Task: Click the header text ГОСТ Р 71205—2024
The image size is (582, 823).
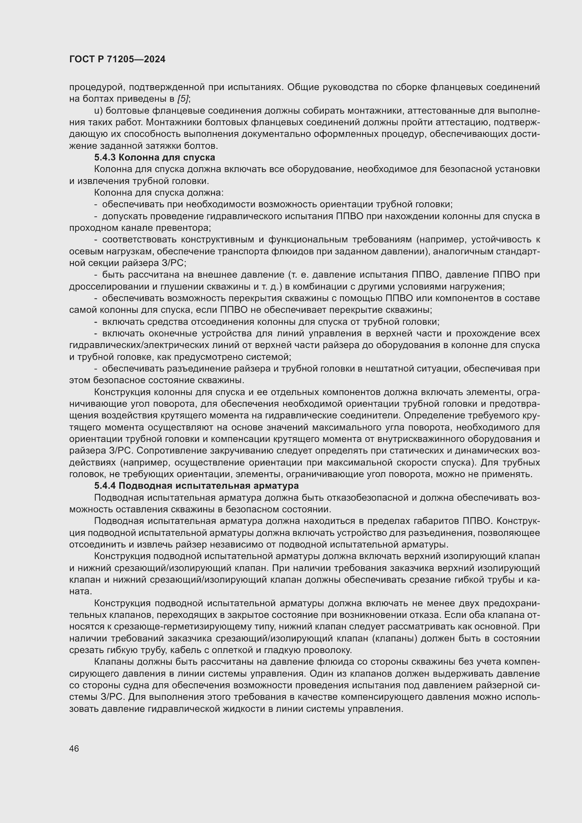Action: pos(117,59)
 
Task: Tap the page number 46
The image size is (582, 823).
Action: pos(74,749)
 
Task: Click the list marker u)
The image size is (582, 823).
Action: pos(99,110)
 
